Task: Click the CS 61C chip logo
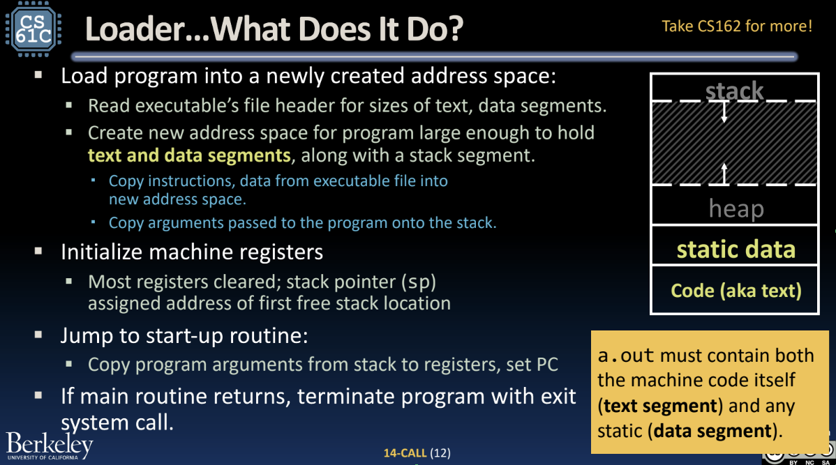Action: click(x=33, y=29)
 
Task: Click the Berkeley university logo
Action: click(x=50, y=445)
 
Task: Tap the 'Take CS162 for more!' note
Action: click(x=737, y=26)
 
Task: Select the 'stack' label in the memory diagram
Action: click(x=734, y=91)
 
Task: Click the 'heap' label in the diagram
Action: click(x=736, y=208)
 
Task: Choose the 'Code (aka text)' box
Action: click(x=735, y=290)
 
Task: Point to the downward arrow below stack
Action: click(x=724, y=111)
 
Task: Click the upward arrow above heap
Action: click(x=724, y=174)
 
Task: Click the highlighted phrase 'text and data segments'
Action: click(x=189, y=155)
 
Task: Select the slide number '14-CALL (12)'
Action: click(x=417, y=452)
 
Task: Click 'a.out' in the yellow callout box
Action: click(x=625, y=356)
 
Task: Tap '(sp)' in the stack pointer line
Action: click(x=419, y=282)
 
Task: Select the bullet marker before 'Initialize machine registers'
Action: click(x=38, y=251)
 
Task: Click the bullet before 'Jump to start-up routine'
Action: click(x=38, y=335)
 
